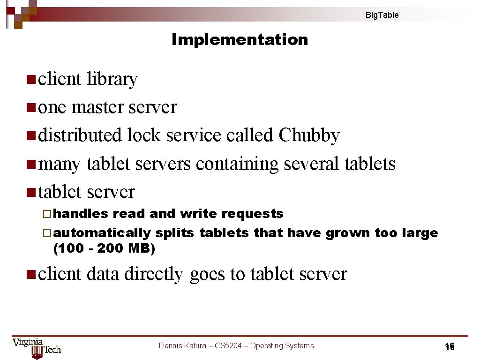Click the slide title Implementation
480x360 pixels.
coord(240,40)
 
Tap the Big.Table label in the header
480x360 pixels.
coord(382,15)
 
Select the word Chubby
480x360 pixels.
coord(309,135)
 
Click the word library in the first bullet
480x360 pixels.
coord(112,79)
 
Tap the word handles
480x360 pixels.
coord(81,214)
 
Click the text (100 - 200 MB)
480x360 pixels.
coord(105,248)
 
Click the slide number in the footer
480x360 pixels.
coord(450,347)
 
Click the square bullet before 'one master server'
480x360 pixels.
coord(31,108)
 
